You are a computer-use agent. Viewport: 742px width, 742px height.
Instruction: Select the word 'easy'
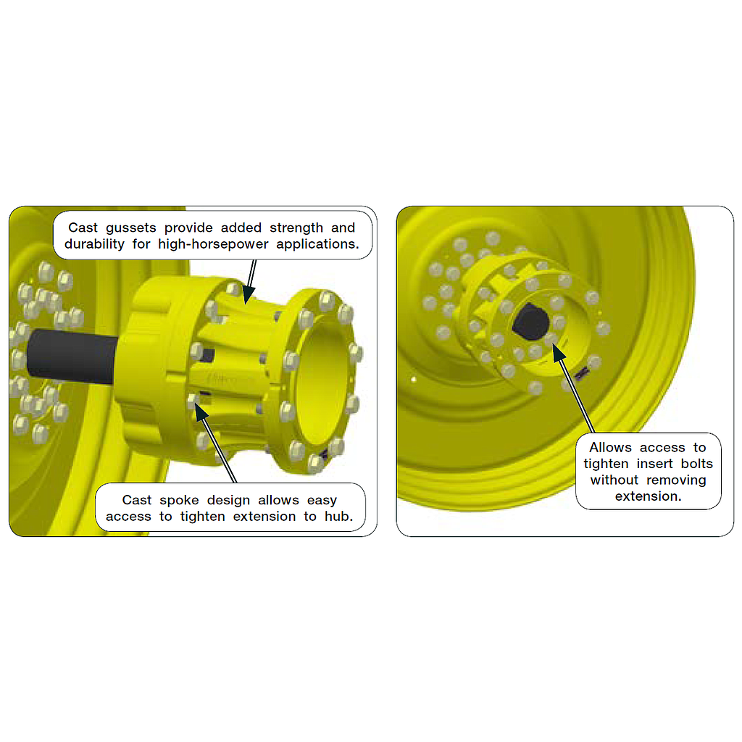point(323,500)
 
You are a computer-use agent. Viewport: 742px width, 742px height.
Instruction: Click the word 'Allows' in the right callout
point(610,448)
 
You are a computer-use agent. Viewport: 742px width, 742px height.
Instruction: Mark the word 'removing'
point(677,480)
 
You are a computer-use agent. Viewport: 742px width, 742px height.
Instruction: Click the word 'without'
point(615,480)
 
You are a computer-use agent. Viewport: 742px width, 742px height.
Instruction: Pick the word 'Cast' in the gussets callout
point(83,228)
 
